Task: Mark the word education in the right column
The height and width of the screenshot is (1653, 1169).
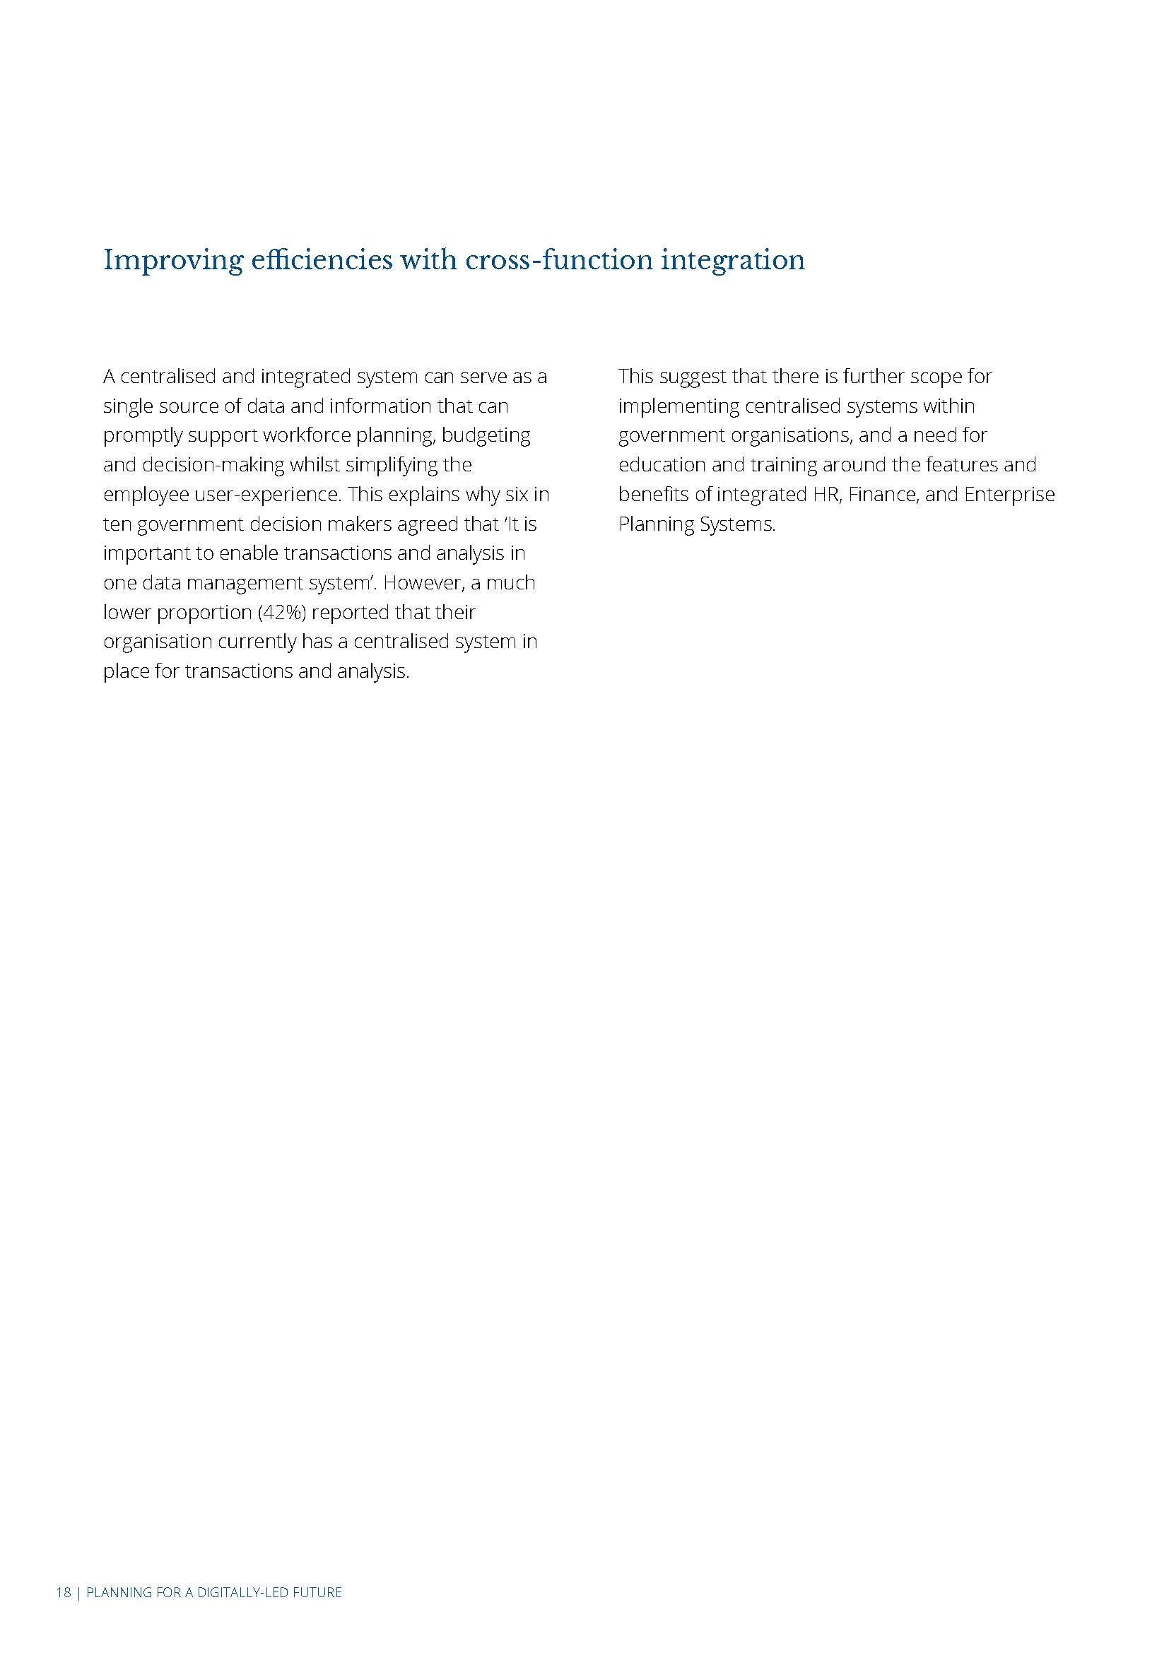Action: pos(662,466)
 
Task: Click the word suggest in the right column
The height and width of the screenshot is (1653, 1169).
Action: pos(693,377)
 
